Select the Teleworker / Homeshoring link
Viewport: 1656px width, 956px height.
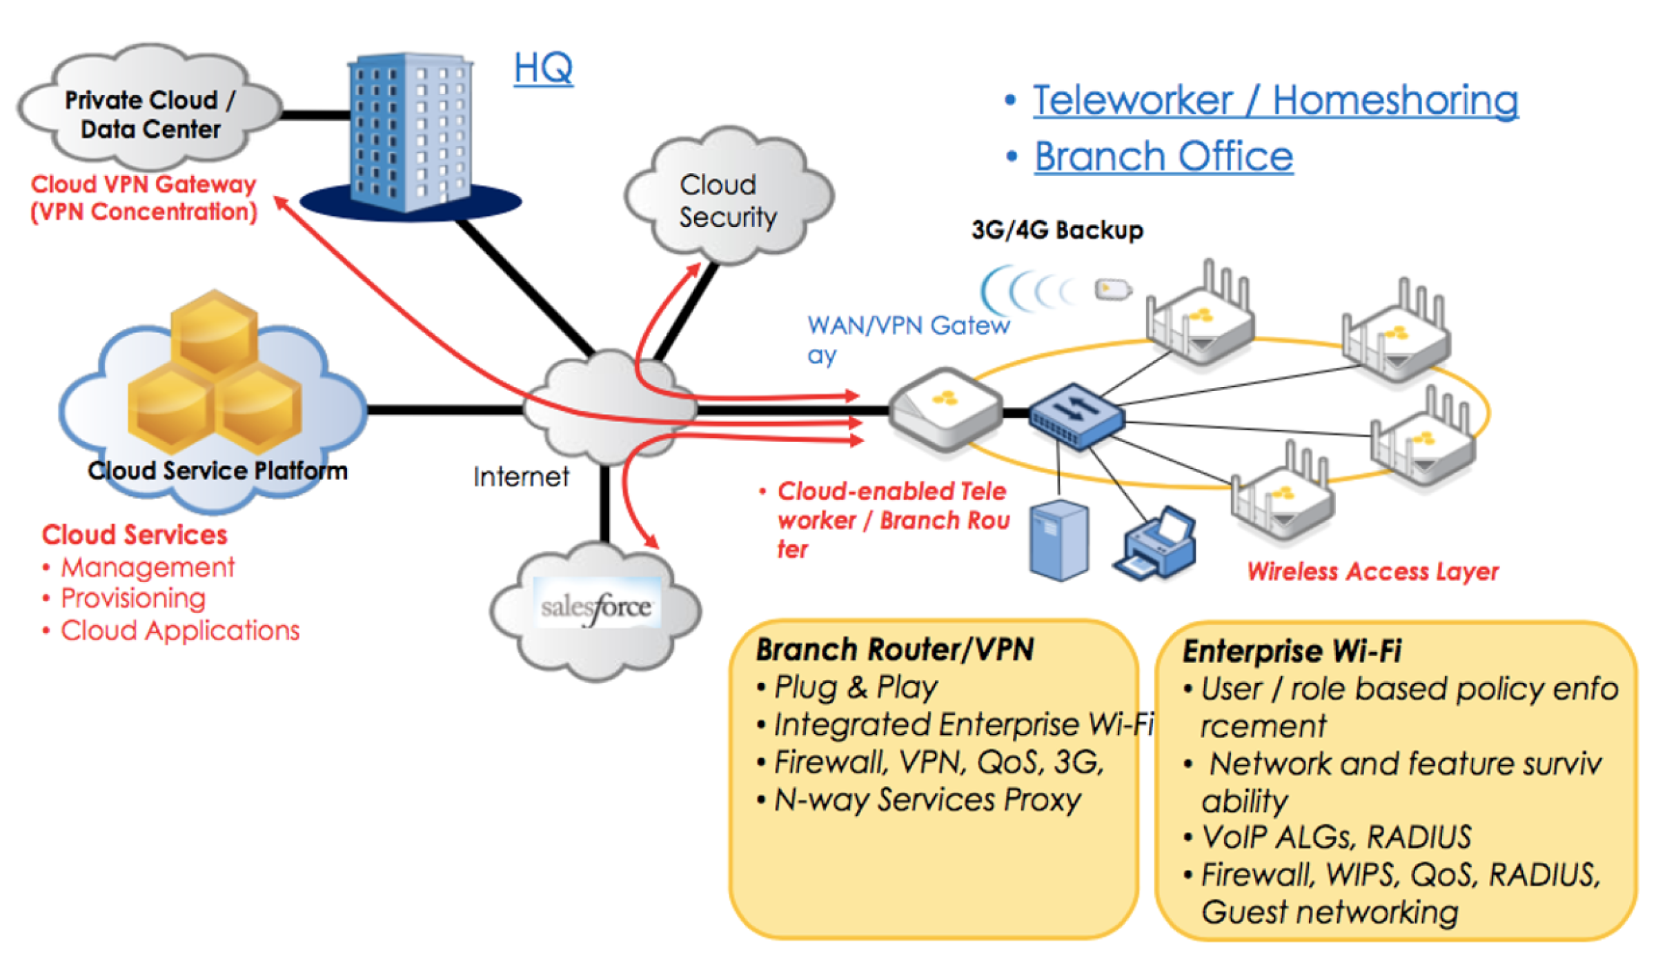tap(1275, 100)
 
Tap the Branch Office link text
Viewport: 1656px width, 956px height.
tap(1163, 156)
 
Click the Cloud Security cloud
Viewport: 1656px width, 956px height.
tap(729, 200)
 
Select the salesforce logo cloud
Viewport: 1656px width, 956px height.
tap(596, 608)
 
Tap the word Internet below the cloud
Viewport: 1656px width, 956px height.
tap(521, 477)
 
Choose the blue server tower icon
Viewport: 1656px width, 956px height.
tap(1059, 540)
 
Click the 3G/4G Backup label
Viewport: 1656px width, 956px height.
tap(1057, 230)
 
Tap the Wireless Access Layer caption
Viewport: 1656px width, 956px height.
tap(1372, 571)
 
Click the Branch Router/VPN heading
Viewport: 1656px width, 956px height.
tap(895, 650)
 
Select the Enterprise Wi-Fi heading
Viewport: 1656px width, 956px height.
tap(1292, 651)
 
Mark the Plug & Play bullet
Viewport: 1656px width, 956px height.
tap(856, 687)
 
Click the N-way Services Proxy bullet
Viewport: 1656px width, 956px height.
tap(927, 800)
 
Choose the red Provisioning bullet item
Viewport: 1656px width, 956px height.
tap(133, 599)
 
